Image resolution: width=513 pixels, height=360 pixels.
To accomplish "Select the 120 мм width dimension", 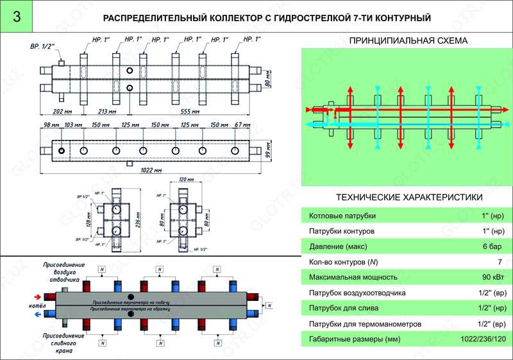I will coord(185,180).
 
